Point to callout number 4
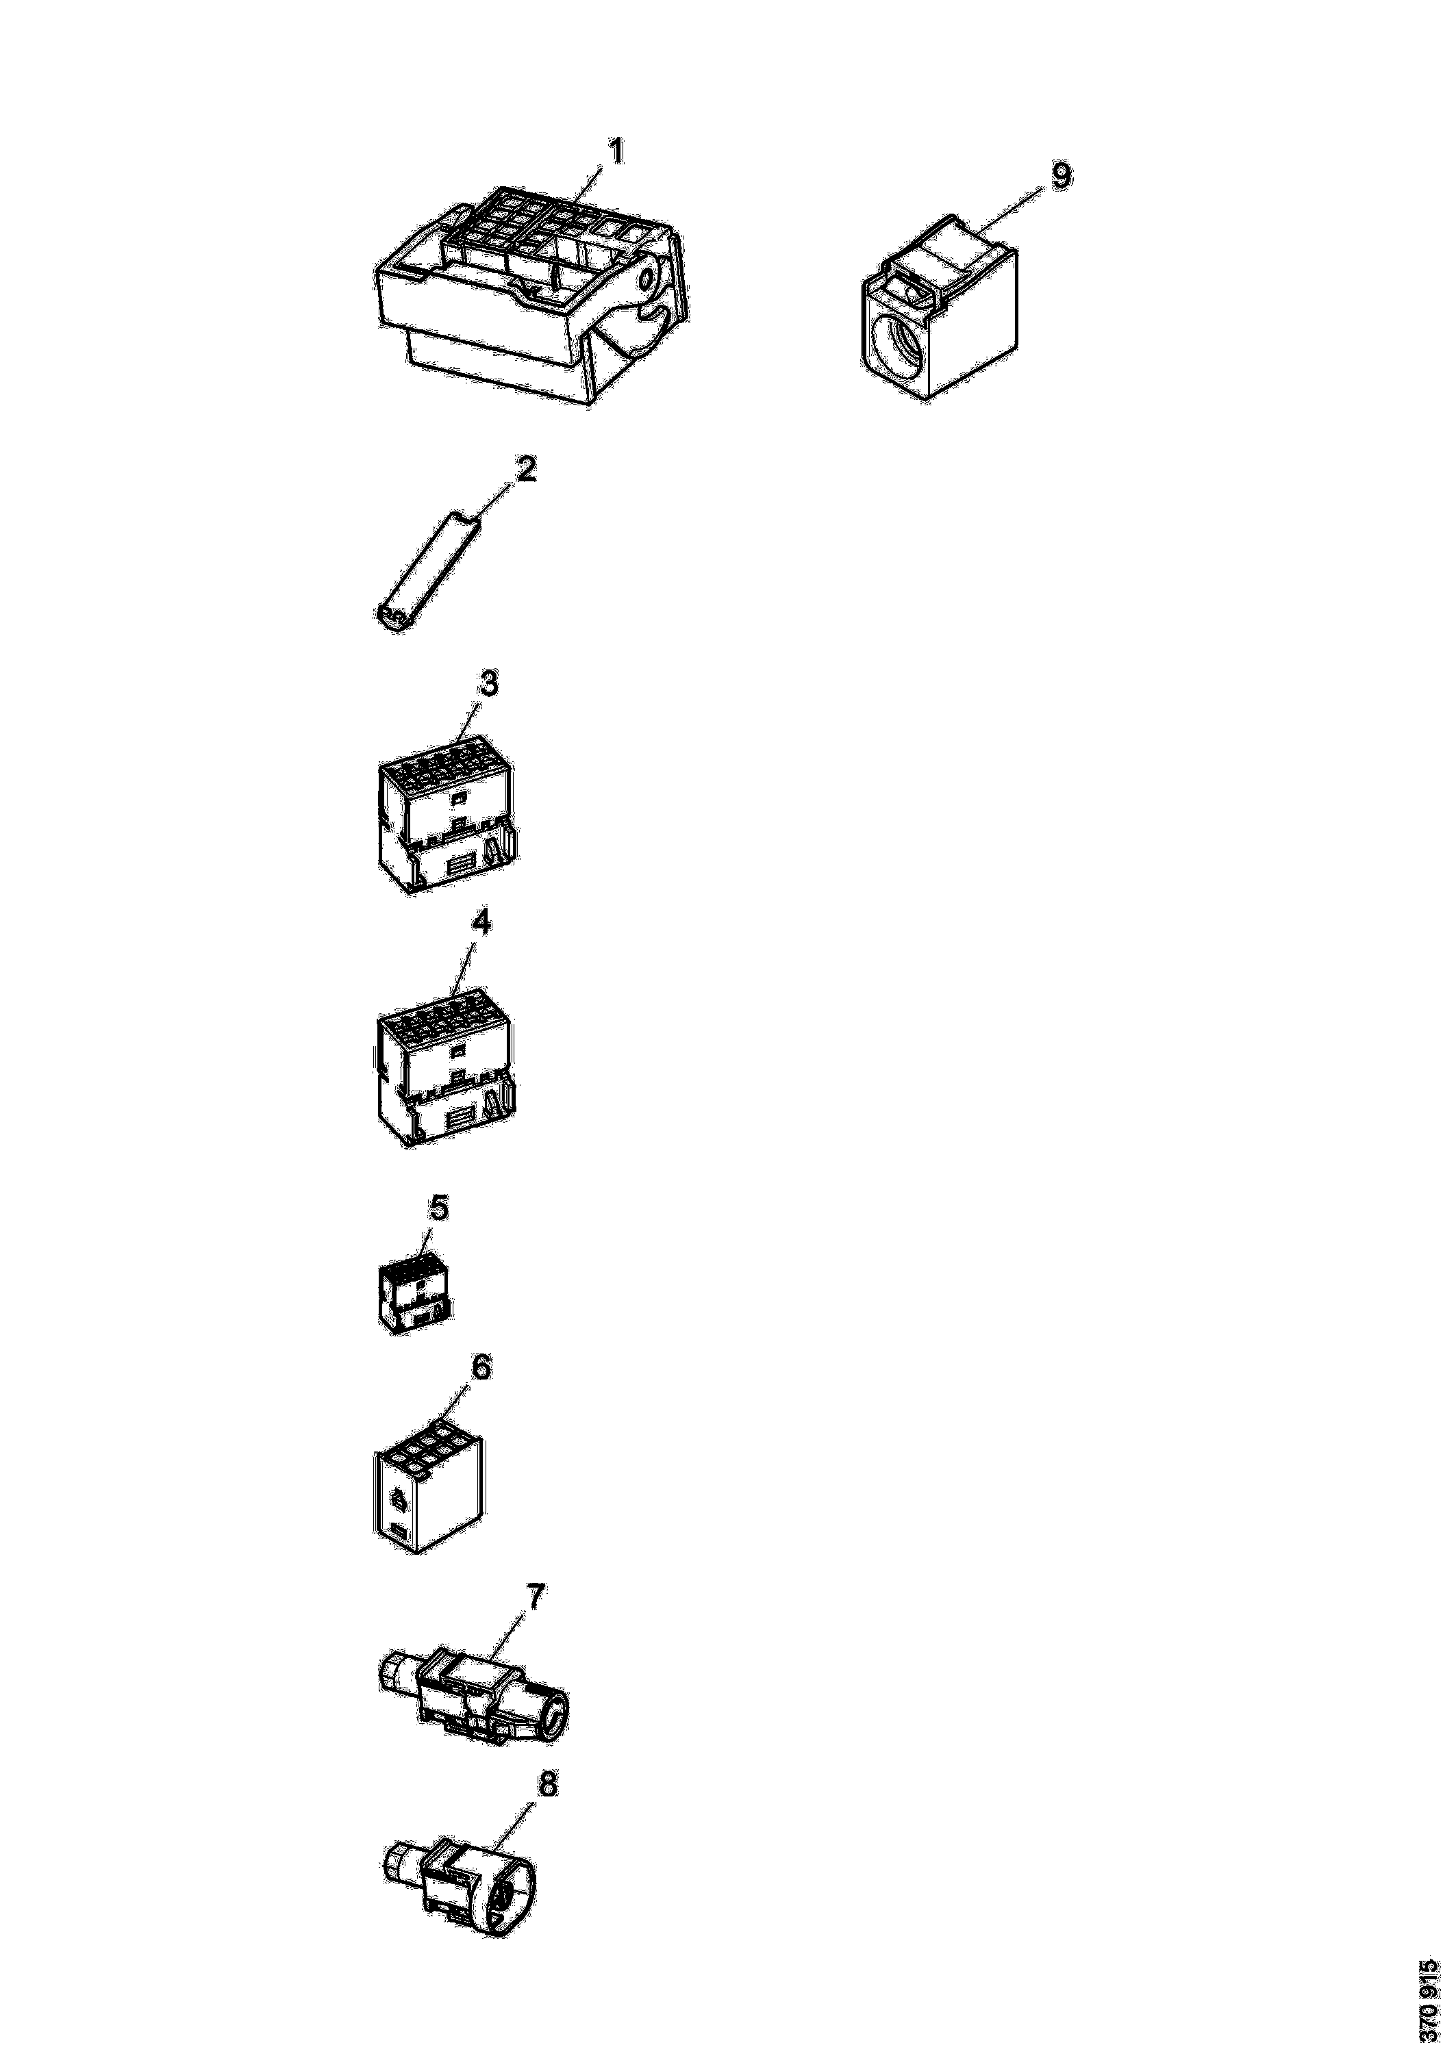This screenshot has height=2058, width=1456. tap(481, 924)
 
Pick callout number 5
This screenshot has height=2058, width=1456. tap(438, 1208)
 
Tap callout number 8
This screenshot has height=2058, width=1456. tap(546, 1785)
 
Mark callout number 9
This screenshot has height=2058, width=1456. tap(1061, 176)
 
